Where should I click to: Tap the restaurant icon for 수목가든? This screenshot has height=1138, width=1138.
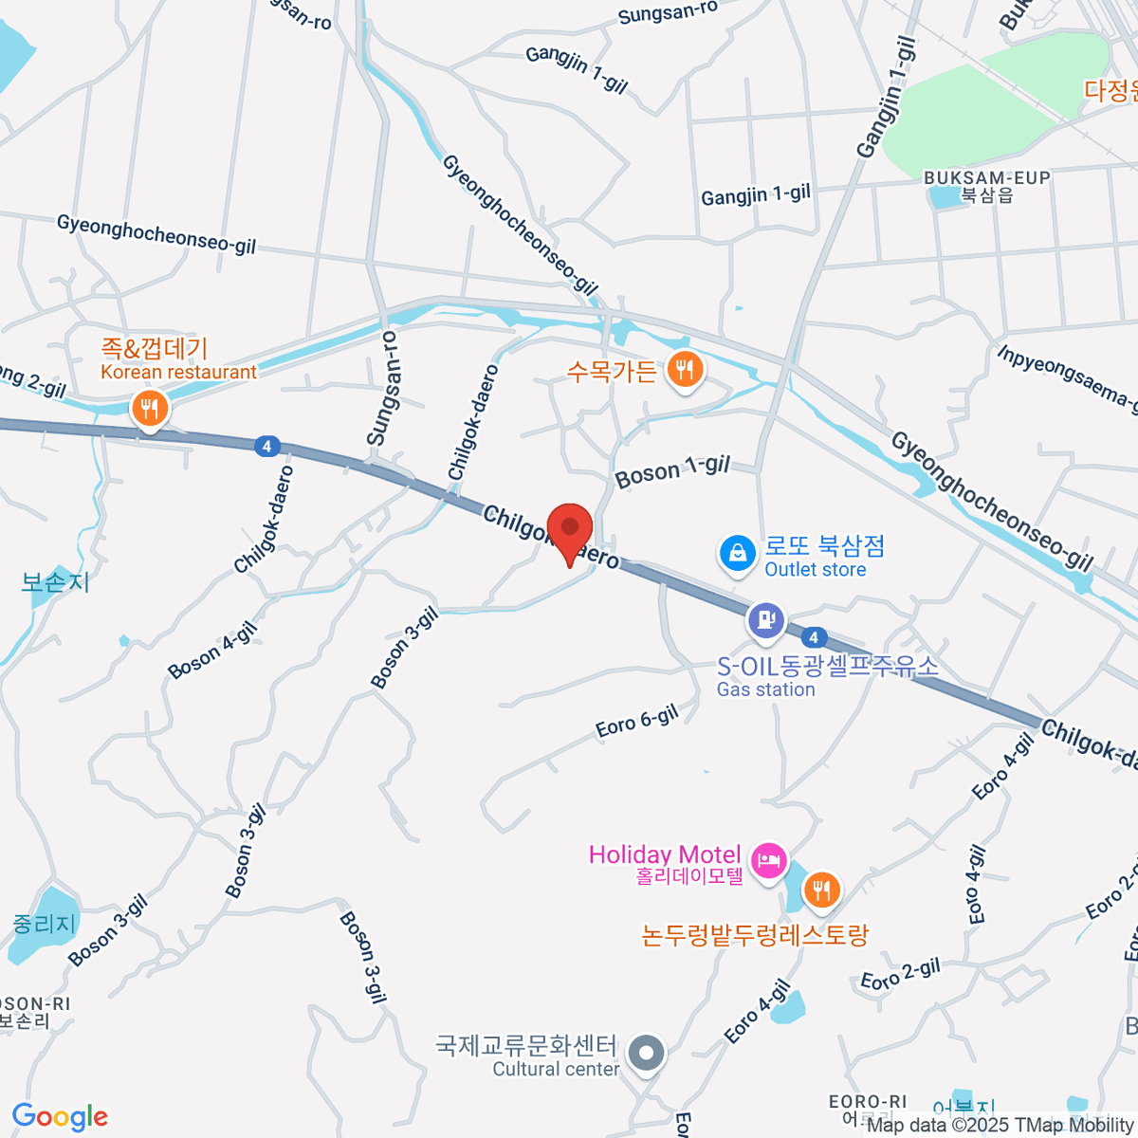(685, 369)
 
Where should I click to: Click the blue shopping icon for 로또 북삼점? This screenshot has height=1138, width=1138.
(738, 554)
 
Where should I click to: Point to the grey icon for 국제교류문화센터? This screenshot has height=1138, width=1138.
(648, 1053)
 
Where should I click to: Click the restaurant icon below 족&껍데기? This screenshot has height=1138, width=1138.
(149, 410)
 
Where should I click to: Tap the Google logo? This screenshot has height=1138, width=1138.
(60, 1117)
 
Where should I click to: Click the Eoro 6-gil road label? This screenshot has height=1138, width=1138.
(636, 722)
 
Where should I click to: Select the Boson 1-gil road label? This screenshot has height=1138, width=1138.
(672, 470)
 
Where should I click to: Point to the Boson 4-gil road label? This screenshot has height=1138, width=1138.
(212, 651)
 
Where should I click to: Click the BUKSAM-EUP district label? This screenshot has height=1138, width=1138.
(986, 178)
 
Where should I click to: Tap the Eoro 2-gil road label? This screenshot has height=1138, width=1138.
(900, 974)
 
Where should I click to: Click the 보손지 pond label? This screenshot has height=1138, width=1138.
(55, 582)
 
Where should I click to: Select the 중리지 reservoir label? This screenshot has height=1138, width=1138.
(44, 923)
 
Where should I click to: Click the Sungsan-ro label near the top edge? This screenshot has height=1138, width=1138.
(668, 12)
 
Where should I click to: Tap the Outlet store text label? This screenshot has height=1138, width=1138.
(816, 570)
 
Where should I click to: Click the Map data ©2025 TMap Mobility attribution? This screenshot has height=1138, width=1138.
(1000, 1126)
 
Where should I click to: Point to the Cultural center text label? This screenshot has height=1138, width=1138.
(556, 1070)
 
